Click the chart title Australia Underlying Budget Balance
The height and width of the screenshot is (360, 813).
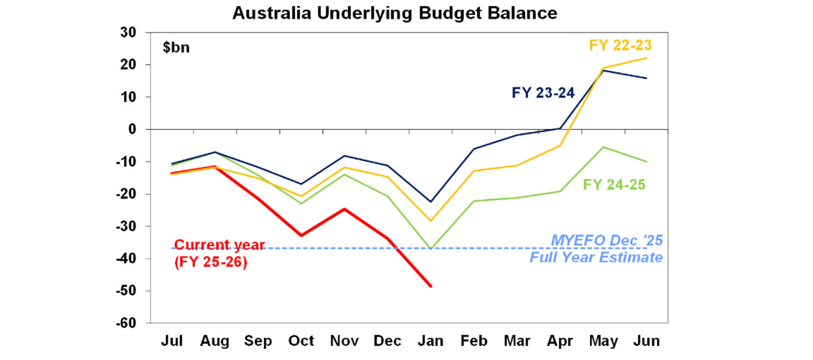click(x=395, y=13)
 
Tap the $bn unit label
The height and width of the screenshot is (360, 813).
click(x=176, y=48)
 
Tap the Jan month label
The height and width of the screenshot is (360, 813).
click(x=430, y=341)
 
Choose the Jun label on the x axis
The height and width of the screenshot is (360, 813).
click(x=647, y=341)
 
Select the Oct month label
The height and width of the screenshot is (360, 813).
click(x=301, y=341)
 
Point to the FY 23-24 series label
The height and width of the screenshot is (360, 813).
click(x=543, y=93)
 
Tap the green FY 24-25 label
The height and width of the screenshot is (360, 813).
click(x=614, y=185)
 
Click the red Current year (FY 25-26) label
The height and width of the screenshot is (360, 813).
click(x=219, y=254)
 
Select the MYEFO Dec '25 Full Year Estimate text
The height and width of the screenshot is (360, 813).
click(x=607, y=249)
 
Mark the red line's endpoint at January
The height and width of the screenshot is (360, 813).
click(x=431, y=286)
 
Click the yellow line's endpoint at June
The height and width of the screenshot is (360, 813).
click(x=647, y=58)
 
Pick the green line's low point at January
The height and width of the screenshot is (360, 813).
click(x=431, y=248)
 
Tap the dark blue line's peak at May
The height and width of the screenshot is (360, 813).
click(x=603, y=70)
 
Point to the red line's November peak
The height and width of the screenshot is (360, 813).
click(x=345, y=209)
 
